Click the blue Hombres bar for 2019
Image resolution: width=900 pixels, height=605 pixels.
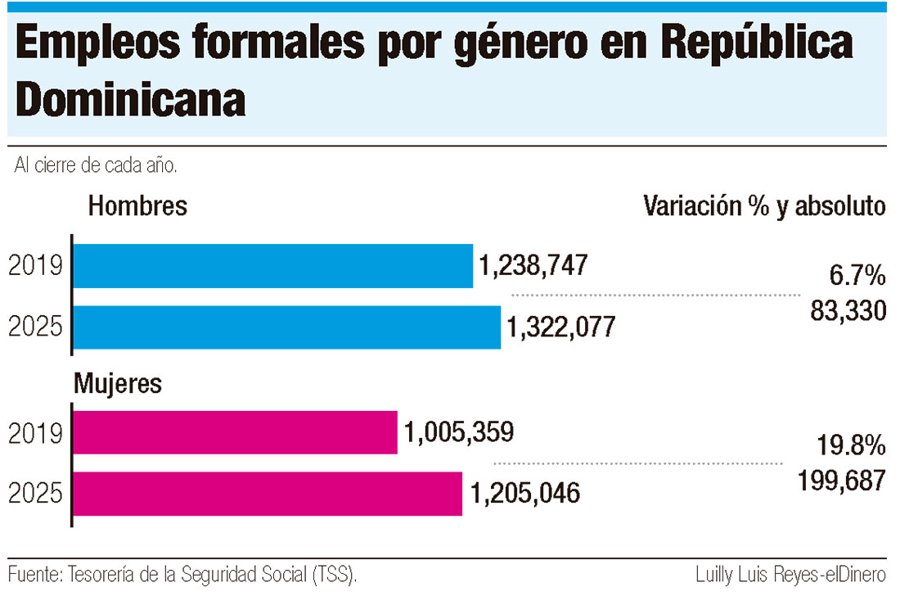tap(273, 266)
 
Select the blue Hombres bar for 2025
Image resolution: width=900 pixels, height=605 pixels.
tap(287, 327)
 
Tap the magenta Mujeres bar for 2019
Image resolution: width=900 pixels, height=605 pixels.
tap(236, 432)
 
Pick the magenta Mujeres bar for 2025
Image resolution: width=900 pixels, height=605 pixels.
tap(268, 494)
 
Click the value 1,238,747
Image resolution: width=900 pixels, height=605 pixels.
tap(533, 266)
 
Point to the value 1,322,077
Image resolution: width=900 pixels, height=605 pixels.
tap(560, 327)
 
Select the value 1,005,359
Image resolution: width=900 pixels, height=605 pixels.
tap(458, 432)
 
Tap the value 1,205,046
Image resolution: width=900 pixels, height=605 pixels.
tap(524, 494)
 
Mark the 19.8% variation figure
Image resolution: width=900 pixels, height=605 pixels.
tap(851, 446)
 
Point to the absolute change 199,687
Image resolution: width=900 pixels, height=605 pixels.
tap(842, 481)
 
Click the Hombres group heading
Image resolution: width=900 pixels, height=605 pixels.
tap(137, 205)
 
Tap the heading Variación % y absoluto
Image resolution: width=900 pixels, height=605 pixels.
tap(764, 205)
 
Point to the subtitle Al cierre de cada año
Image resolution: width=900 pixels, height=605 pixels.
tap(97, 165)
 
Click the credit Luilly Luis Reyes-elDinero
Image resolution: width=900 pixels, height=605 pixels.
tap(790, 575)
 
